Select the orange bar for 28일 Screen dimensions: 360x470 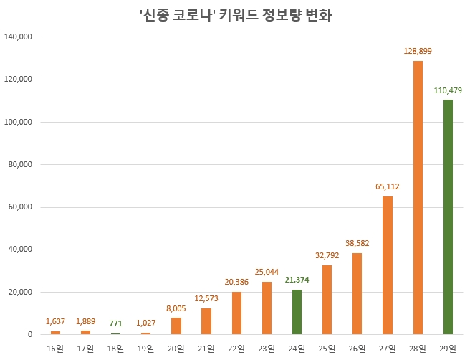(418, 197)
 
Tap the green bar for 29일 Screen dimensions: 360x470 (448, 217)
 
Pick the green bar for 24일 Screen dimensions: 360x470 (297, 312)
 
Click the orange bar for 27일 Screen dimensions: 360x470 (388, 265)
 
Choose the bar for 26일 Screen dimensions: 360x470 (358, 293)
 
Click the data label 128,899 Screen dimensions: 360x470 (418, 52)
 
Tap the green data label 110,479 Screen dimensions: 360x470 (448, 90)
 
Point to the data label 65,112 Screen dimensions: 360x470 (388, 186)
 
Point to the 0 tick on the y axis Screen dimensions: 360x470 (30, 335)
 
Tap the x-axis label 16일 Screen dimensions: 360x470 (55, 348)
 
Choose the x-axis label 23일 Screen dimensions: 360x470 (267, 348)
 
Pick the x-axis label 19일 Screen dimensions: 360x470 (145, 348)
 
